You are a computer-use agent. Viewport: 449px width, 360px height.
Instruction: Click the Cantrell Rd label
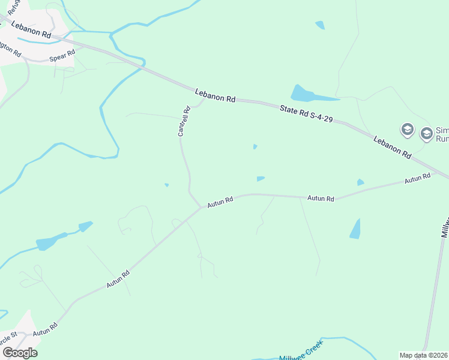pyautogui.click(x=184, y=121)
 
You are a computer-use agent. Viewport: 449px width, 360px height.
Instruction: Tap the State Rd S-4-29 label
pyautogui.click(x=306, y=114)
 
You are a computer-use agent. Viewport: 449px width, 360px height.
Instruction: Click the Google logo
pyautogui.click(x=20, y=353)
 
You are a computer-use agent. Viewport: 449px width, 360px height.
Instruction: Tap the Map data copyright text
pyautogui.click(x=424, y=355)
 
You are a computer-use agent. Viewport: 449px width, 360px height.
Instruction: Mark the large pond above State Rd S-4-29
pyautogui.click(x=309, y=94)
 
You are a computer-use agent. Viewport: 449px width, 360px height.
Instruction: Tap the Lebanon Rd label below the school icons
pyautogui.click(x=392, y=147)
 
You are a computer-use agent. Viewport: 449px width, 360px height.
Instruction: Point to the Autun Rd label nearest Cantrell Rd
pyautogui.click(x=220, y=203)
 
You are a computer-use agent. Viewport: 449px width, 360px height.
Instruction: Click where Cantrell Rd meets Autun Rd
pyautogui.click(x=201, y=207)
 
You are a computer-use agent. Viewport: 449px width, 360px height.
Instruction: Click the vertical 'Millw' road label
pyautogui.click(x=445, y=228)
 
